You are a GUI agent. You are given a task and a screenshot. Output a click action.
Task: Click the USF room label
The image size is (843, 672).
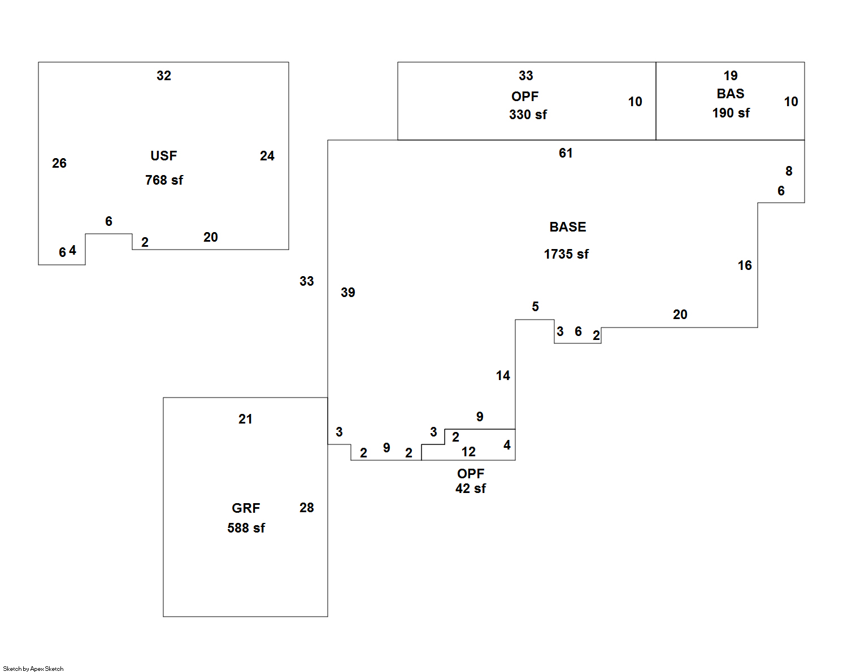pyautogui.click(x=163, y=156)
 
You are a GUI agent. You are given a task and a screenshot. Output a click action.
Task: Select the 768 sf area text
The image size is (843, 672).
pyautogui.click(x=164, y=180)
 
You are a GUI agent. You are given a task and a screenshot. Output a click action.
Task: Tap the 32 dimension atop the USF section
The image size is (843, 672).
pyautogui.click(x=164, y=76)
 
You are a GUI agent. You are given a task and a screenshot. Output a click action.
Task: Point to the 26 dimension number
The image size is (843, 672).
pyautogui.click(x=59, y=163)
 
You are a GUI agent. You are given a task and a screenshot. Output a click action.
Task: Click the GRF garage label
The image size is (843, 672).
pyautogui.click(x=246, y=508)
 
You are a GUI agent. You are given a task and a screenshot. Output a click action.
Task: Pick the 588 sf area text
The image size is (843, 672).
pyautogui.click(x=246, y=528)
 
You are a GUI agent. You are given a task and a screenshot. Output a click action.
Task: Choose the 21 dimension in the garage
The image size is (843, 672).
pyautogui.click(x=245, y=419)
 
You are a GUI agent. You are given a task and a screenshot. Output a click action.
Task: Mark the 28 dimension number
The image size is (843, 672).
pyautogui.click(x=307, y=508)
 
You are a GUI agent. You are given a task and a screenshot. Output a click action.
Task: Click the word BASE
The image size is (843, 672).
pyautogui.click(x=568, y=227)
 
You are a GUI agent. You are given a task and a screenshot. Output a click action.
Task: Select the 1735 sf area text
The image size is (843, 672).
pyautogui.click(x=566, y=254)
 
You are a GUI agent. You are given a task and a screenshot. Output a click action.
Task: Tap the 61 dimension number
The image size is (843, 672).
pyautogui.click(x=566, y=153)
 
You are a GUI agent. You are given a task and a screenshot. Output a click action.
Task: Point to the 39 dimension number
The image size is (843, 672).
pyautogui.click(x=348, y=293)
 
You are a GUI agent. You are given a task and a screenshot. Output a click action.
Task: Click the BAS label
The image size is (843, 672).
pyautogui.click(x=731, y=94)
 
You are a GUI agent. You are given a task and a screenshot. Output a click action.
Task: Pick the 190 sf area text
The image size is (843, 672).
pyautogui.click(x=731, y=113)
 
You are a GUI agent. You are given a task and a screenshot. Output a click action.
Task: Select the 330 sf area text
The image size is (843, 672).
pyautogui.click(x=528, y=115)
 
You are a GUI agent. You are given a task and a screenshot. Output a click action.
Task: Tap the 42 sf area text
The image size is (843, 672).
pyautogui.click(x=471, y=488)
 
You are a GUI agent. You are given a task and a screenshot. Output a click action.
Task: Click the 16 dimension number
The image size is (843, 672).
pyautogui.click(x=745, y=265)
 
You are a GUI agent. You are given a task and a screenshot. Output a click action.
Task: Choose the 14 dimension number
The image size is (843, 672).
pyautogui.click(x=503, y=376)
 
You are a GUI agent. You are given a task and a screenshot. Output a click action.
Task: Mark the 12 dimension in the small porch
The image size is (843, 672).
pyautogui.click(x=468, y=452)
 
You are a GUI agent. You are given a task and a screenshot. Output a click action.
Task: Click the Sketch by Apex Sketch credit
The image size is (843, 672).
pyautogui.click(x=33, y=669)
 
